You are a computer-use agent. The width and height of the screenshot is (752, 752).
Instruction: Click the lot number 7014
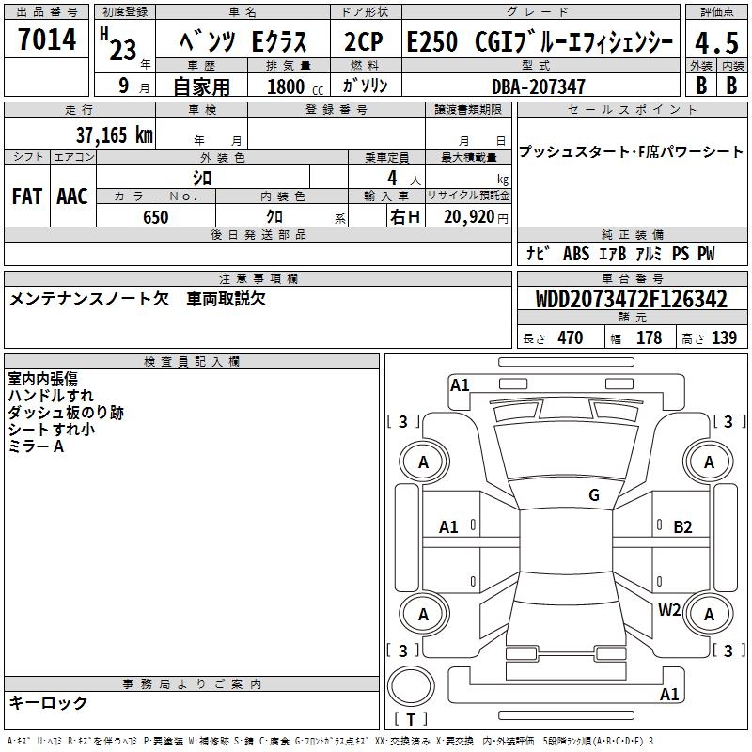pyautogui.click(x=47, y=39)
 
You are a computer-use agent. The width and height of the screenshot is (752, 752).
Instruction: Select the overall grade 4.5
pyautogui.click(x=716, y=43)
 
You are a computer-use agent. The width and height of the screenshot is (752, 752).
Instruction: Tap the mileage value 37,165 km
pyautogui.click(x=114, y=135)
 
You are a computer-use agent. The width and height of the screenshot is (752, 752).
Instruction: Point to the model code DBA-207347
pyautogui.click(x=539, y=86)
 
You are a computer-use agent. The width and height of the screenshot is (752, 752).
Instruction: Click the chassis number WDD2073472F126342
pyautogui.click(x=632, y=299)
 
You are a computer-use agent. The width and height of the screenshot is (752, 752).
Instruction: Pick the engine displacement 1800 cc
pyautogui.click(x=295, y=86)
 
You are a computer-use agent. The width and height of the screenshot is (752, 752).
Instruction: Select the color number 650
pyautogui.click(x=156, y=217)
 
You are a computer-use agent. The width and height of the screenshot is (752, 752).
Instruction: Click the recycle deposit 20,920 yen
pyautogui.click(x=476, y=217)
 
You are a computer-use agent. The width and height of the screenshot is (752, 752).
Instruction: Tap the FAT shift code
pyautogui.click(x=27, y=196)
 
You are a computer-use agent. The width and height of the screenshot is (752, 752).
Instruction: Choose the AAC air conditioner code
pyautogui.click(x=72, y=196)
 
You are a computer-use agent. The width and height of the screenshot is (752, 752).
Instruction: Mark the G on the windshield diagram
pyautogui.click(x=594, y=495)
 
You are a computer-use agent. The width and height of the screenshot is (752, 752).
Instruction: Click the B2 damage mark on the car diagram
pyautogui.click(x=682, y=527)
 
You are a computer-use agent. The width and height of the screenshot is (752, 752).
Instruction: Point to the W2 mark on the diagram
pyautogui.click(x=669, y=609)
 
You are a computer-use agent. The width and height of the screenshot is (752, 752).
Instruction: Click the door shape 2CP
pyautogui.click(x=364, y=41)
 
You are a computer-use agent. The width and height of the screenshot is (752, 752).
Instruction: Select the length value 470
pyautogui.click(x=571, y=337)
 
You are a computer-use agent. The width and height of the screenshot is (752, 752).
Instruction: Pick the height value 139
pyautogui.click(x=724, y=337)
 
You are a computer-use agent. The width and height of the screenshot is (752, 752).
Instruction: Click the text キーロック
pyautogui.click(x=48, y=702)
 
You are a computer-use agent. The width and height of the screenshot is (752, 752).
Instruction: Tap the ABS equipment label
pyautogui.click(x=576, y=253)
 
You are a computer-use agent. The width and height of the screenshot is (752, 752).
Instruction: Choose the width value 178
pyautogui.click(x=649, y=337)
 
